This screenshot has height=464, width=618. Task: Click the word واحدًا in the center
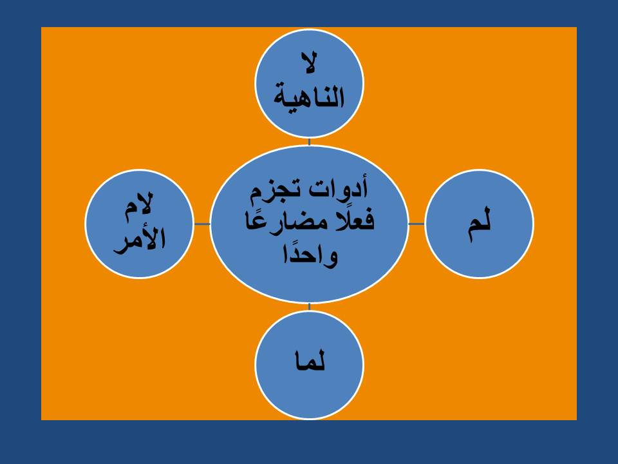coord(310,255)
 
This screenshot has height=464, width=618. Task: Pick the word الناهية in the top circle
coord(310,99)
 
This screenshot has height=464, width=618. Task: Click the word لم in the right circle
coord(480,224)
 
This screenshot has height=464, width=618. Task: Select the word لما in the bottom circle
coord(310,363)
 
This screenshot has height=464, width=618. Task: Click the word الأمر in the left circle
coord(140,240)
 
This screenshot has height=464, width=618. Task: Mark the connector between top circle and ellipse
coord(310,142)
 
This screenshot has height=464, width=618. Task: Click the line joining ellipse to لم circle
coord(417,224)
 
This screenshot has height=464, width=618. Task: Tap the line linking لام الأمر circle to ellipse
coord(202,224)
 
